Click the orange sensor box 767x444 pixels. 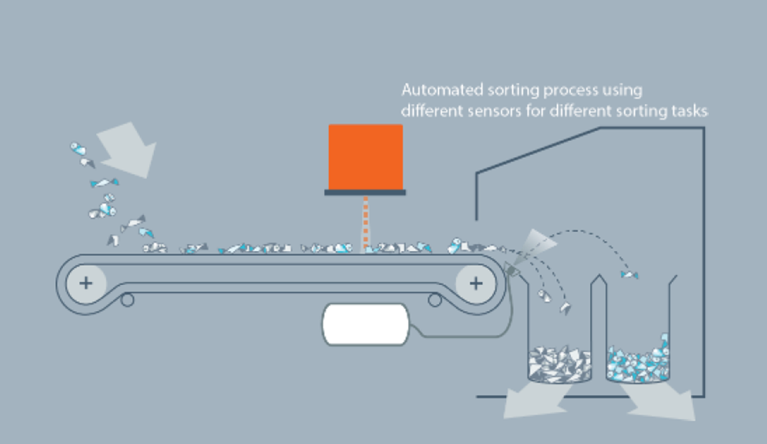[x=365, y=157]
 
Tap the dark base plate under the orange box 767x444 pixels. [x=365, y=192]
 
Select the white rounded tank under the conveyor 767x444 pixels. [x=364, y=325]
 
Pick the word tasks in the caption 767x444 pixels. [x=690, y=111]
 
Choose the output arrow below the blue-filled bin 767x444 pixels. [x=661, y=401]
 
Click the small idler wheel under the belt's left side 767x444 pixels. [x=127, y=299]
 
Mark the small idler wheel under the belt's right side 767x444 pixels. [x=434, y=299]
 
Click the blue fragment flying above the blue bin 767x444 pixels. [x=629, y=274]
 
